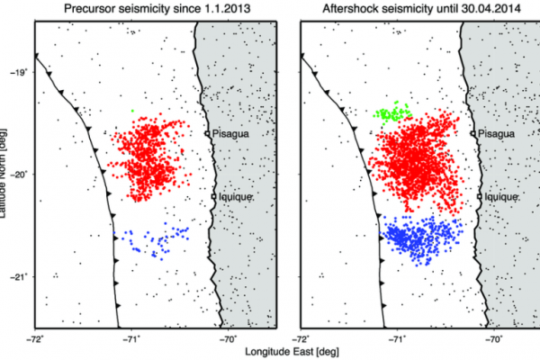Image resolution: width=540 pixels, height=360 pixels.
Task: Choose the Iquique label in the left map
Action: click(x=231, y=195)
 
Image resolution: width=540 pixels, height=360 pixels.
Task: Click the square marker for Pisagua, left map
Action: click(x=207, y=133)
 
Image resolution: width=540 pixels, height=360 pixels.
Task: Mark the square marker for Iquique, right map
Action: click(x=479, y=195)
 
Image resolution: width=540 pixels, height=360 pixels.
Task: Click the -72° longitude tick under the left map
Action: click(x=35, y=339)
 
